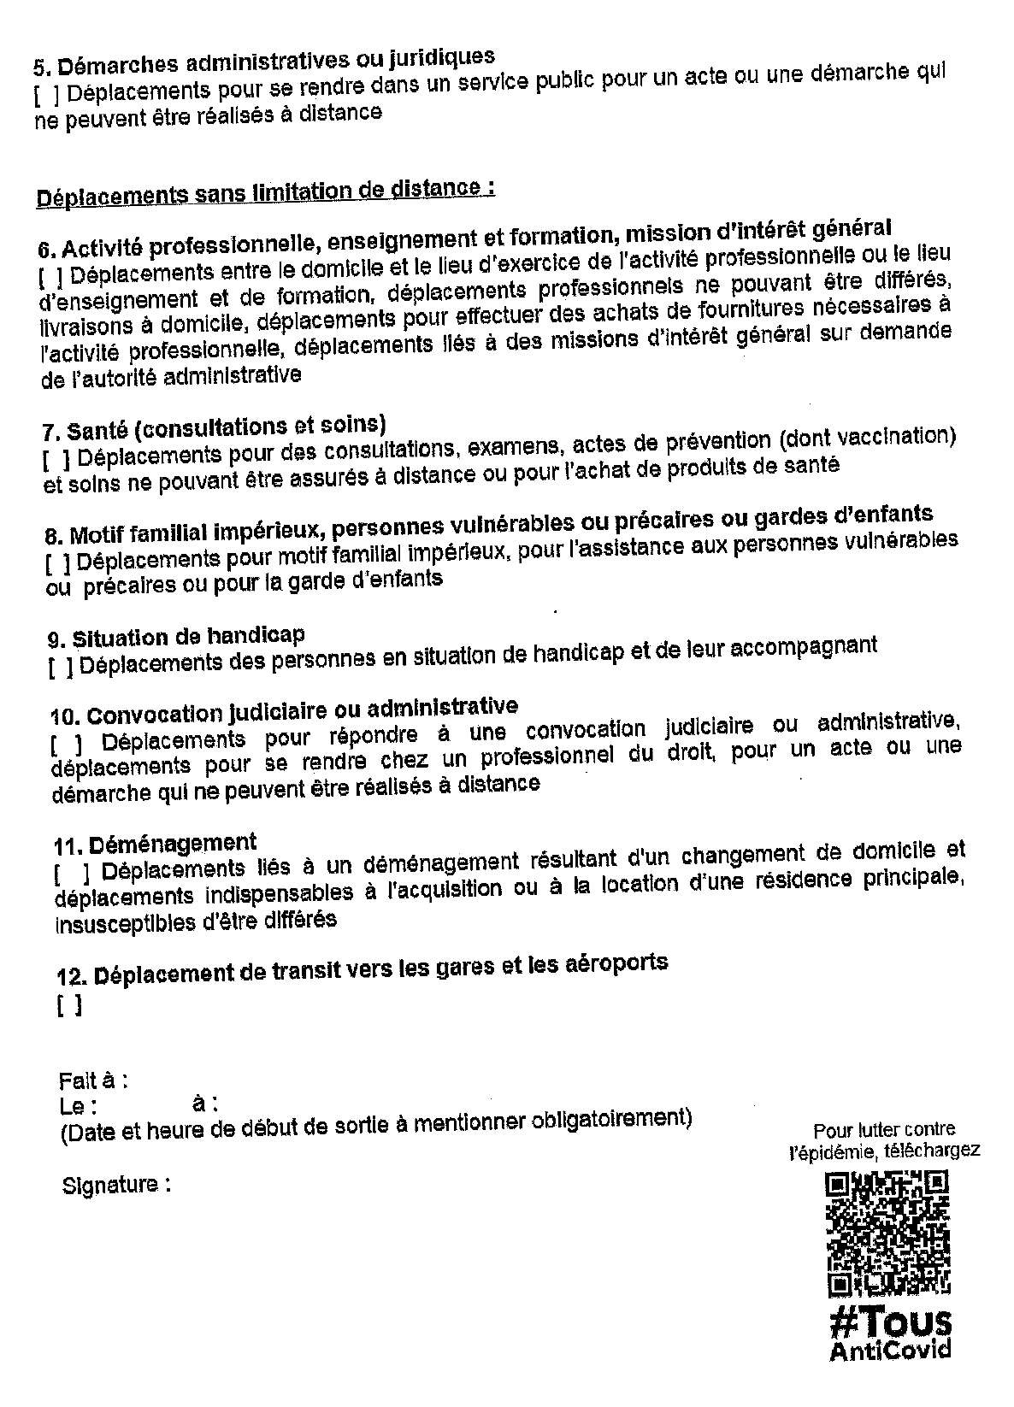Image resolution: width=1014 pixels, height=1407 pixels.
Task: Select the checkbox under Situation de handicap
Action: (x=61, y=666)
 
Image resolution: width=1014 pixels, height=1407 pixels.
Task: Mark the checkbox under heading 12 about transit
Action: (x=68, y=1005)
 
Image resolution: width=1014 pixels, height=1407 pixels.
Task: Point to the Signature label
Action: (x=115, y=1186)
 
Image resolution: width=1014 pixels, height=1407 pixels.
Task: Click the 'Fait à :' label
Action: (x=93, y=1080)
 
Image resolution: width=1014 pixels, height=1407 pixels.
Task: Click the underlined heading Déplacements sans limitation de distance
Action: (x=265, y=191)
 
